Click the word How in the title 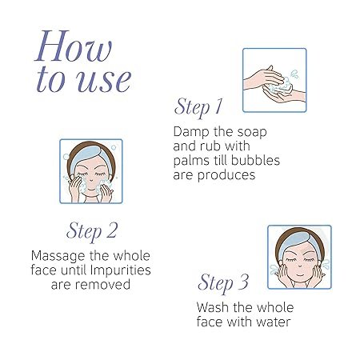coord(74,46)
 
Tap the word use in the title coord(104,80)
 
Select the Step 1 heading coord(198,107)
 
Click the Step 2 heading coord(92,231)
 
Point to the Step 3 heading coord(223,283)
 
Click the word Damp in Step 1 coord(190,132)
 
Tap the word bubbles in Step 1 coord(255,161)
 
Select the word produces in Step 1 coord(226,176)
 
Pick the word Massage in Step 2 coord(58,257)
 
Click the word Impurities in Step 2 coord(121,270)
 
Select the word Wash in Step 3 coord(213,307)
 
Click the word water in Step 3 coord(274,322)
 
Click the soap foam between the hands coord(282,86)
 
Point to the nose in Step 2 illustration coord(90,179)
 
